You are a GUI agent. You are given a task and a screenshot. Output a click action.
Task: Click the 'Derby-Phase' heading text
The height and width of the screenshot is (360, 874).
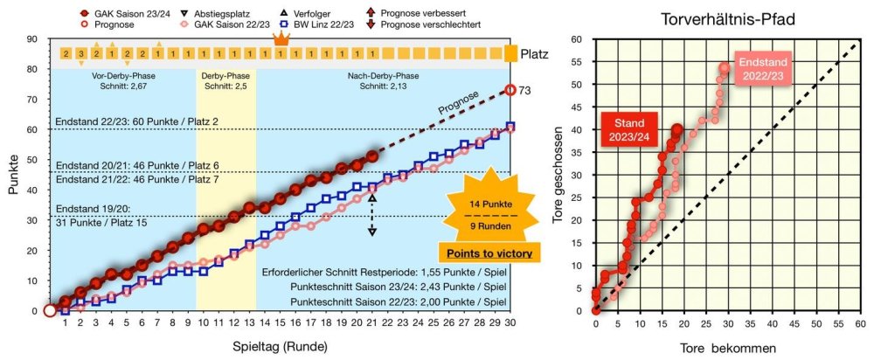[226, 75]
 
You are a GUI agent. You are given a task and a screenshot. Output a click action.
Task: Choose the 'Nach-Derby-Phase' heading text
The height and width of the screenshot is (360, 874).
[382, 75]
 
